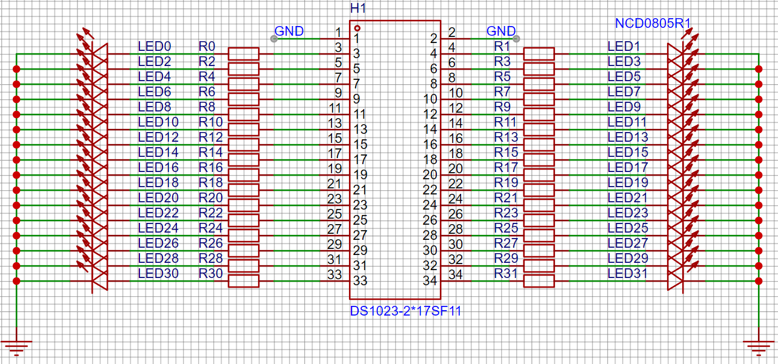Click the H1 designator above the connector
click(x=358, y=9)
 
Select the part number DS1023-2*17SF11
click(x=402, y=311)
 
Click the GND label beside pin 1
click(x=289, y=31)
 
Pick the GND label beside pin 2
click(x=501, y=31)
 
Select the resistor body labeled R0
click(x=244, y=54)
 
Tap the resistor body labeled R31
click(x=539, y=281)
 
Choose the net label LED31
click(x=628, y=273)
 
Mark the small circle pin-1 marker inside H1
click(x=357, y=28)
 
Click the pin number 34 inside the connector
click(x=430, y=280)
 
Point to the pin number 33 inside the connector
click(x=360, y=281)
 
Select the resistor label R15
click(x=506, y=152)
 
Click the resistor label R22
click(x=211, y=213)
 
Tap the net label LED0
click(x=155, y=46)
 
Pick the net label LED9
click(x=624, y=107)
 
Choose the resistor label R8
click(x=207, y=107)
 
